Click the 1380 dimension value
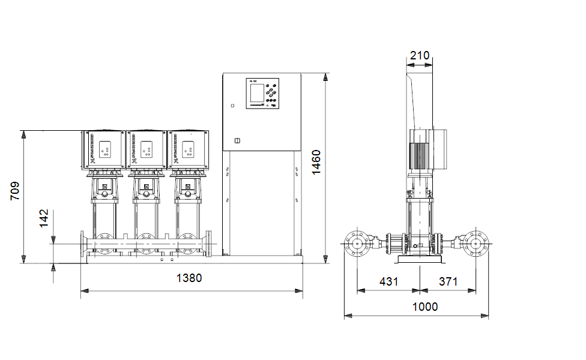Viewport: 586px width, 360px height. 189,278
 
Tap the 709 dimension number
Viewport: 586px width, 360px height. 16,190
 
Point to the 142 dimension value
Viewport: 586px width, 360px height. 44,219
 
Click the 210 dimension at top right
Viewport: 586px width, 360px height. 419,56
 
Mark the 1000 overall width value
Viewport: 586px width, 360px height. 425,307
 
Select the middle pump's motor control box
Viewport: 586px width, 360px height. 146,149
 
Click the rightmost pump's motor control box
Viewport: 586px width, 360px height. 188,149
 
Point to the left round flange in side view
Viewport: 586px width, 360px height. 358,244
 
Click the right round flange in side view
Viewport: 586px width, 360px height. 477,244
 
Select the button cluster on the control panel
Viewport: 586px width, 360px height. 272,93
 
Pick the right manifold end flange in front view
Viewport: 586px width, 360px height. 209,245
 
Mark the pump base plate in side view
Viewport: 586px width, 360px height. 419,260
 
